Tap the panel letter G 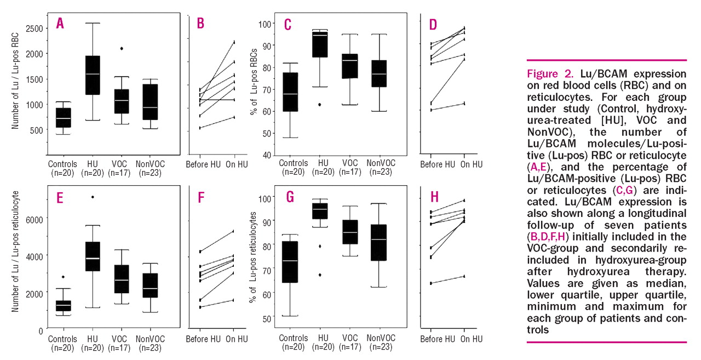tap(290, 197)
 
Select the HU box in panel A tap(93, 75)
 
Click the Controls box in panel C tap(290, 92)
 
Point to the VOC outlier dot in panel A tap(122, 49)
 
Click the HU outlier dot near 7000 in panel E tap(93, 197)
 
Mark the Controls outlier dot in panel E tap(63, 277)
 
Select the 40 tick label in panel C tap(266, 156)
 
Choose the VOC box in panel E tap(122, 279)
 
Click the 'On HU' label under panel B tap(234, 164)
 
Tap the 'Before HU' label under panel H tap(438, 339)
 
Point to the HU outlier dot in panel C tap(319, 105)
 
